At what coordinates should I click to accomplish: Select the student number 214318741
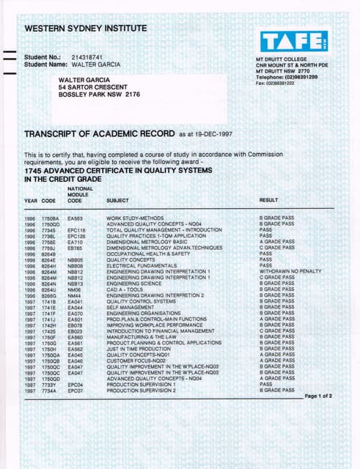[x=88, y=56]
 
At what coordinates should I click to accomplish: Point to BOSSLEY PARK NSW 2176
[x=99, y=95]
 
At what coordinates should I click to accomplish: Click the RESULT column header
[x=268, y=200]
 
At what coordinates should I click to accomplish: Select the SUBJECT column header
[x=117, y=200]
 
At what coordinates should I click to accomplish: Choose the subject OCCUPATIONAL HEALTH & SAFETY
[x=148, y=253]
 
